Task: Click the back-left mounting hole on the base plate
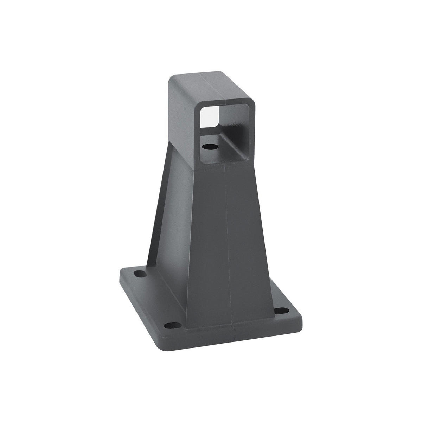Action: pos(140,274)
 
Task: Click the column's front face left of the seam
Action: pos(207,246)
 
